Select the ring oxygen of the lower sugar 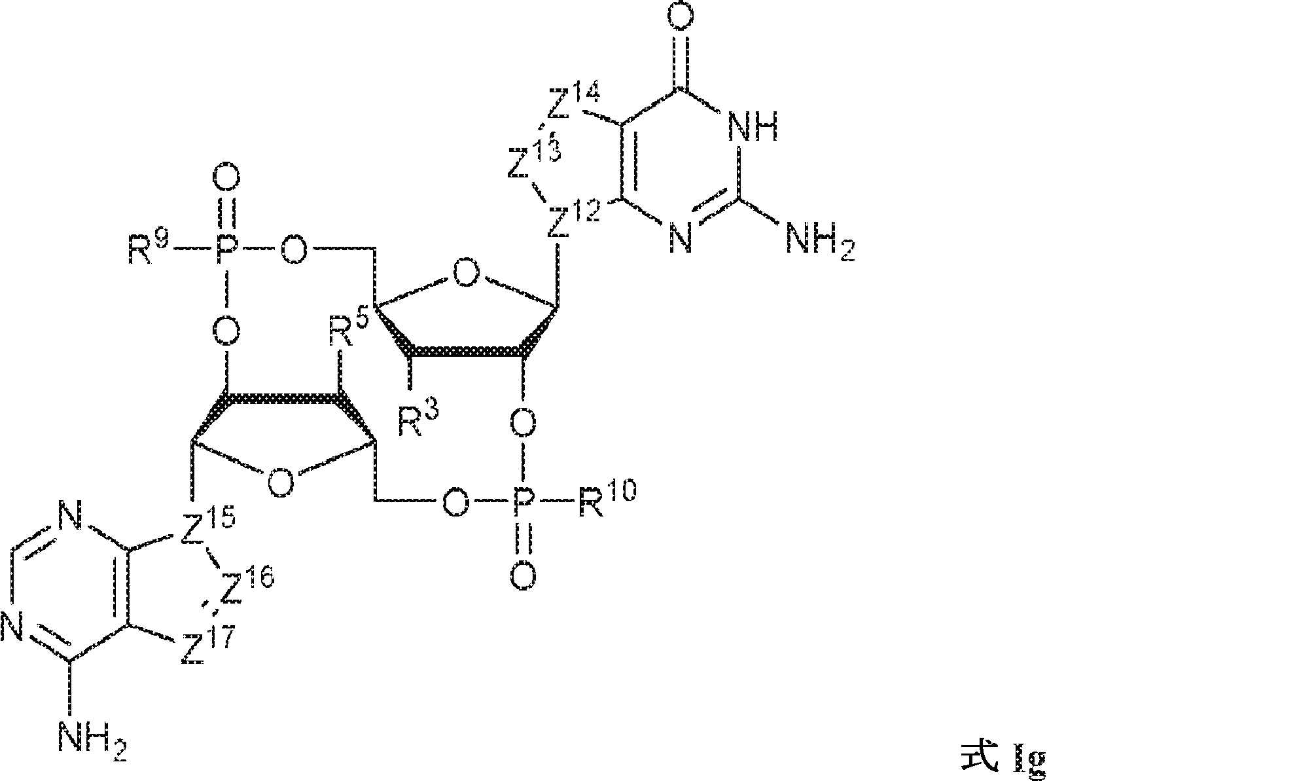tap(280, 484)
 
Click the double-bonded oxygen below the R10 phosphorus tap(523, 576)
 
